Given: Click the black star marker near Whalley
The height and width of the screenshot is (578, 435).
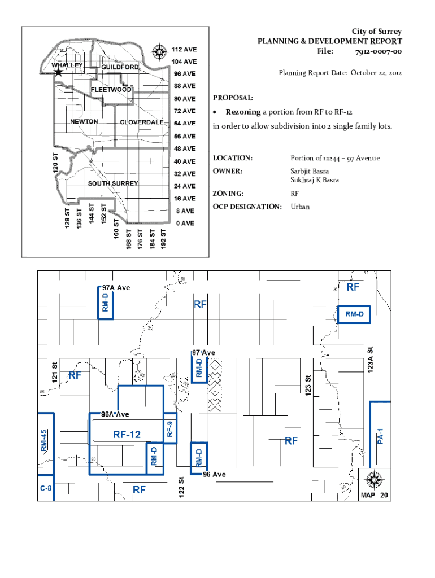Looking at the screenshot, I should tap(58, 73).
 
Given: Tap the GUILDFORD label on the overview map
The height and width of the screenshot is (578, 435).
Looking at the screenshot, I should tap(120, 67).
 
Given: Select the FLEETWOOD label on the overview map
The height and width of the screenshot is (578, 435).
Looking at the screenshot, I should tap(111, 90).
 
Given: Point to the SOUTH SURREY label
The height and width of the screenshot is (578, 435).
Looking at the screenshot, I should tap(113, 183).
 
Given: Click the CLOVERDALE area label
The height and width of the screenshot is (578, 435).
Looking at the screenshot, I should tap(142, 122).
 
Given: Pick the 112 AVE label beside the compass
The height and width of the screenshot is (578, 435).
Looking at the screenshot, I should tap(184, 49).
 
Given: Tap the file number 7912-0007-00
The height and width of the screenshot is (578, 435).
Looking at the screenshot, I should tap(379, 52).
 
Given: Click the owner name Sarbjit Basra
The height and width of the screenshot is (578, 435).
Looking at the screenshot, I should tap(310, 171).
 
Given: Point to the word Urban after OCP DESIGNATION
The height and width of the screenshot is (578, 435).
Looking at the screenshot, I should tap(300, 207).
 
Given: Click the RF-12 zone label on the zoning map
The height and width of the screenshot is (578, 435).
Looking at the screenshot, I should tap(127, 434).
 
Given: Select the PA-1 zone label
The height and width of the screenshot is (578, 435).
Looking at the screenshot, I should tap(381, 434).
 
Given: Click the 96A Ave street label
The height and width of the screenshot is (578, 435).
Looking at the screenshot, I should tap(115, 414).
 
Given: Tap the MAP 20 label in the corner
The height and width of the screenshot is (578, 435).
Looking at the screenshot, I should tap(375, 495).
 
